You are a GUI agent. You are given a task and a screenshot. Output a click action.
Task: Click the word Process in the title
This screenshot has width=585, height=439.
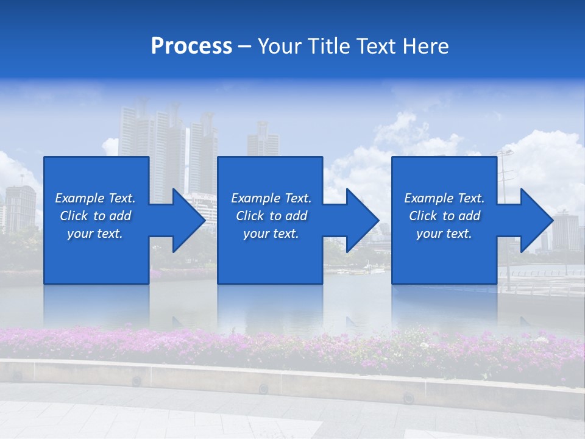pyautogui.click(x=191, y=46)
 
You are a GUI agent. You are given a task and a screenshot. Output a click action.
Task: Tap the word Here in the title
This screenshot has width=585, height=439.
pyautogui.click(x=426, y=46)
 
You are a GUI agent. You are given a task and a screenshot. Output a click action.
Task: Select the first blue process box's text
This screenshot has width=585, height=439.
pyautogui.click(x=95, y=216)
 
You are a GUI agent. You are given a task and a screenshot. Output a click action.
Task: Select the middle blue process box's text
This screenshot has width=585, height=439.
pyautogui.click(x=271, y=216)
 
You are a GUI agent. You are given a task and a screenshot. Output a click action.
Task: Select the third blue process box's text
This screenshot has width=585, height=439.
pyautogui.click(x=444, y=216)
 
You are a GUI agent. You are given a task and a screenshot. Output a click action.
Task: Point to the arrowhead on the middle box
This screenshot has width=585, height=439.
pyautogui.click(x=362, y=220)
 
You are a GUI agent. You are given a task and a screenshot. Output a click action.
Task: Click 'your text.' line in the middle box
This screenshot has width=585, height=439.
pyautogui.click(x=271, y=234)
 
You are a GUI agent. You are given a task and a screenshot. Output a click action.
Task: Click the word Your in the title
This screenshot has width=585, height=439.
pyautogui.click(x=280, y=46)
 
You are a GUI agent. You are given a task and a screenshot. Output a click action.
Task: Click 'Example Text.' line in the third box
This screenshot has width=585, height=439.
pyautogui.click(x=444, y=198)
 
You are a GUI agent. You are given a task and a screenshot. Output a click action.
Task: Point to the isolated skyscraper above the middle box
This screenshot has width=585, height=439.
pyautogui.click(x=263, y=139)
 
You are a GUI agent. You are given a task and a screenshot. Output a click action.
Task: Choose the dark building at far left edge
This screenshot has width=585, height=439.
pyautogui.click(x=20, y=207)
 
